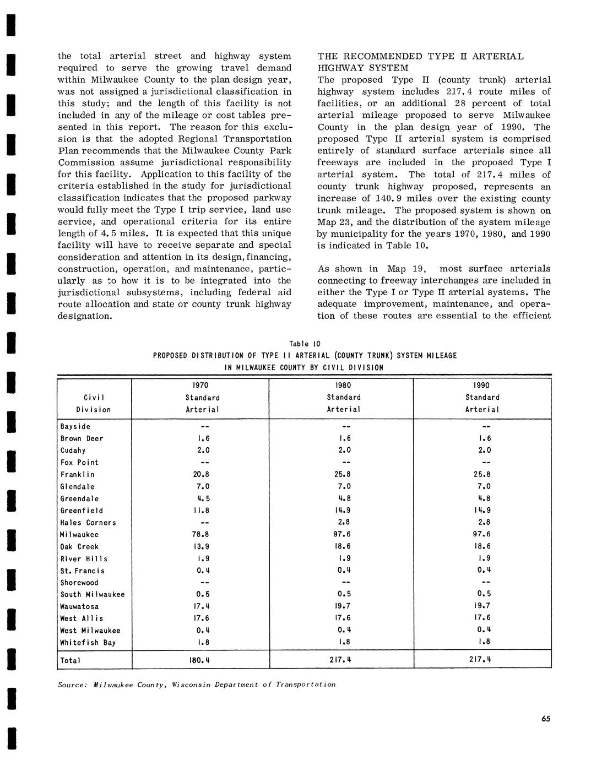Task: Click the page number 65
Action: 545,718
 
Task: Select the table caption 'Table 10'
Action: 305,344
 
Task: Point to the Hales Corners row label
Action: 88,523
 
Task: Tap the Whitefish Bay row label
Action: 88,643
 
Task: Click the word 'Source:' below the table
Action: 73,685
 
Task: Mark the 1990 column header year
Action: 482,386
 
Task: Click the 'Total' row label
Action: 71,660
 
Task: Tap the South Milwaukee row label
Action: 93,595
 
